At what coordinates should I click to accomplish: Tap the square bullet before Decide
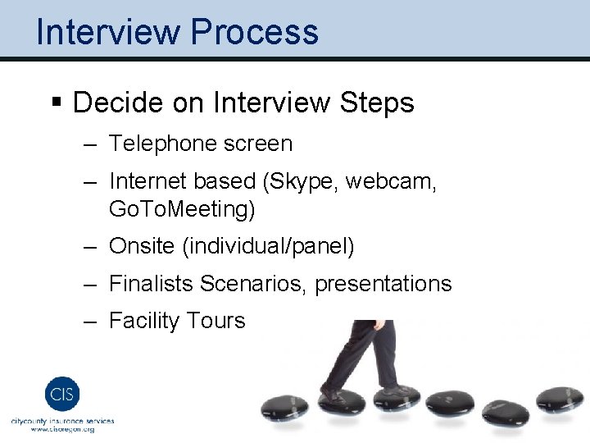tap(57, 103)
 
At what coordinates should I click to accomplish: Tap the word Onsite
tap(142, 246)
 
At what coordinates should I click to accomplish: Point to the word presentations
tap(383, 284)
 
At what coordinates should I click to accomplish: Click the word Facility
tap(143, 320)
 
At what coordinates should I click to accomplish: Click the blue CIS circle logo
tap(62, 393)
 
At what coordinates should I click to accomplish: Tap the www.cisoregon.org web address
tap(63, 429)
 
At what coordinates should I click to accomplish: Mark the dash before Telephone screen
tap(88, 144)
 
